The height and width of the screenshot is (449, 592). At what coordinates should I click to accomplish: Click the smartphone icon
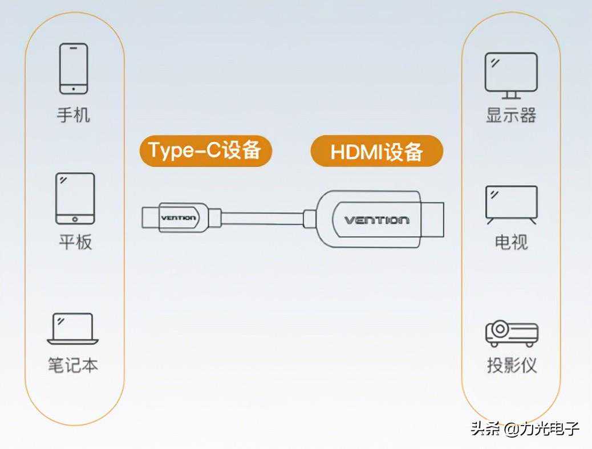[74, 68]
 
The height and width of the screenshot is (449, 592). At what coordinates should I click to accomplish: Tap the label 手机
[74, 116]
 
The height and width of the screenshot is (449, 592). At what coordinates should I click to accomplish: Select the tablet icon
[75, 198]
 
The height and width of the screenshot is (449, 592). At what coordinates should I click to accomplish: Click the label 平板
[75, 242]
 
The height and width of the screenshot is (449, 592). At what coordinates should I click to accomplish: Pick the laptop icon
[72, 329]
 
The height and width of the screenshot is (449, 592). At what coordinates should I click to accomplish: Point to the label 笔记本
[73, 365]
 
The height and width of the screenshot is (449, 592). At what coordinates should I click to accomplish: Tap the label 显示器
[511, 116]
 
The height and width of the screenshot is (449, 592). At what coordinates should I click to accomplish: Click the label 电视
[511, 242]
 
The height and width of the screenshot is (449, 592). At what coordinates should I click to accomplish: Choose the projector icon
[512, 333]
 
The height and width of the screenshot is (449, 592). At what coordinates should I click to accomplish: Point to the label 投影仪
[512, 365]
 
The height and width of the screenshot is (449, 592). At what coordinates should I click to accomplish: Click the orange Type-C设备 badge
[205, 150]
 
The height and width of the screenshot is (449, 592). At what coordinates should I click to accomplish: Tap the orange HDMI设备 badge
[376, 152]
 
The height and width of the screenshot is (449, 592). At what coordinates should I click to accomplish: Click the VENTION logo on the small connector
[178, 218]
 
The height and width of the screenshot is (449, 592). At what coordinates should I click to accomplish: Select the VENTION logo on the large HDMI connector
[376, 220]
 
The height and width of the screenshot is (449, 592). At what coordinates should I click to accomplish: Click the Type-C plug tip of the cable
[149, 218]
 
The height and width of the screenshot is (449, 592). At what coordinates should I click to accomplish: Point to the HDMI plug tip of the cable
[435, 219]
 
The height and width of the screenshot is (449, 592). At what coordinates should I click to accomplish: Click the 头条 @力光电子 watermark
[525, 428]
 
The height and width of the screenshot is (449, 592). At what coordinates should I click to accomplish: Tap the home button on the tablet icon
[75, 219]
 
